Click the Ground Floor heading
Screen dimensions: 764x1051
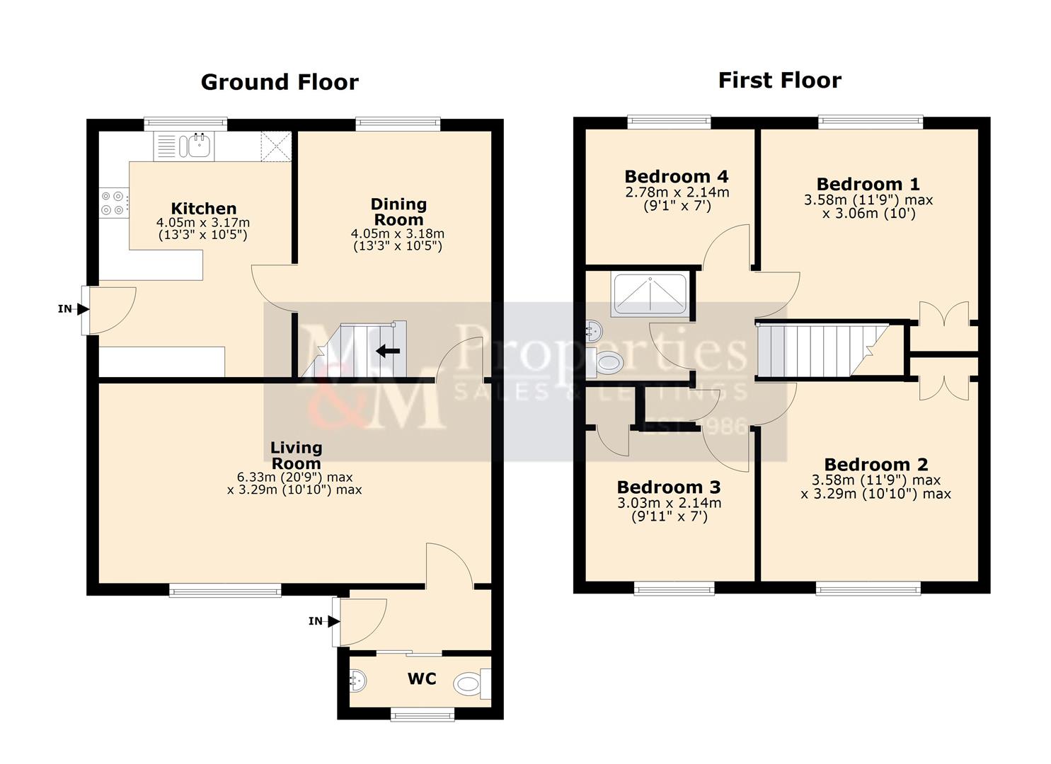coord(280,82)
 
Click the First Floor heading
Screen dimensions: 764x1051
coord(779,80)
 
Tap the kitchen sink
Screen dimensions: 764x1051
coord(194,146)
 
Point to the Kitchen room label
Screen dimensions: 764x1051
coord(204,209)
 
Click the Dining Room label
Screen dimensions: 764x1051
coord(398,212)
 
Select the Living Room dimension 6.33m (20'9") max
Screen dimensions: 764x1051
coord(295,477)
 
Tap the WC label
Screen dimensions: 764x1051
coord(422,679)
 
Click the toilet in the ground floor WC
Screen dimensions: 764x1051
coord(469,683)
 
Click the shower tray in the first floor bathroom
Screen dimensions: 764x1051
coord(649,294)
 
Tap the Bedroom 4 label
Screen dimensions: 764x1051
coord(676,176)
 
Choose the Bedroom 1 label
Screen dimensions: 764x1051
coord(868,184)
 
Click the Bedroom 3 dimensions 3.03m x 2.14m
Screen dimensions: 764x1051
coord(669,503)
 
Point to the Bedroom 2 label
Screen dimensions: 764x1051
coord(875,465)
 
